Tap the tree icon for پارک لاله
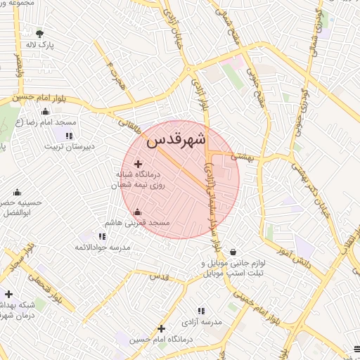pyautogui.click(x=39, y=33)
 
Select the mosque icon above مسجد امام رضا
pyautogui.click(x=46, y=111)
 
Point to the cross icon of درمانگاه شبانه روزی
pyautogui.click(x=138, y=164)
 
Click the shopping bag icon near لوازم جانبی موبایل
pyautogui.click(x=233, y=252)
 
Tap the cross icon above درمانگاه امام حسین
pyautogui.click(x=162, y=328)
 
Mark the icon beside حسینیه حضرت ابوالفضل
pyautogui.click(x=17, y=192)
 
